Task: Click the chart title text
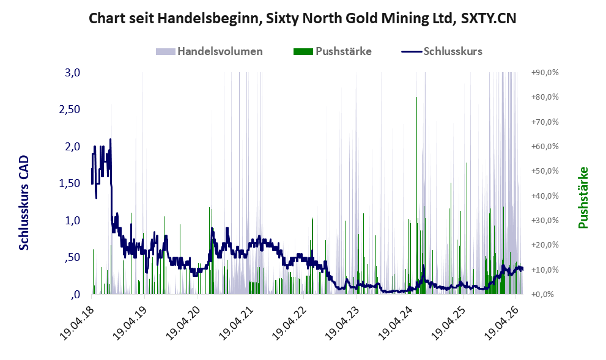coord(302,18)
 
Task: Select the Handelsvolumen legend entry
coord(209,51)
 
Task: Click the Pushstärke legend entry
coord(333,51)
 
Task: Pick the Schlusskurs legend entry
coord(442,51)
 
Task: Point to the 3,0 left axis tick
coord(73,73)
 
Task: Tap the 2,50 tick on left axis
coord(70,109)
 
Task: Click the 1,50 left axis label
coord(70,183)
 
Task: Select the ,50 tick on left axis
coord(73,257)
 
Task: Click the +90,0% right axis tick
coord(545,73)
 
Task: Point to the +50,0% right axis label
coord(545,171)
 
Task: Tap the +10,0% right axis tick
coord(545,270)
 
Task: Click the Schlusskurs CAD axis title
coord(24,203)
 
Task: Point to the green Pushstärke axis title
coord(583,198)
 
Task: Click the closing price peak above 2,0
coord(111,139)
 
